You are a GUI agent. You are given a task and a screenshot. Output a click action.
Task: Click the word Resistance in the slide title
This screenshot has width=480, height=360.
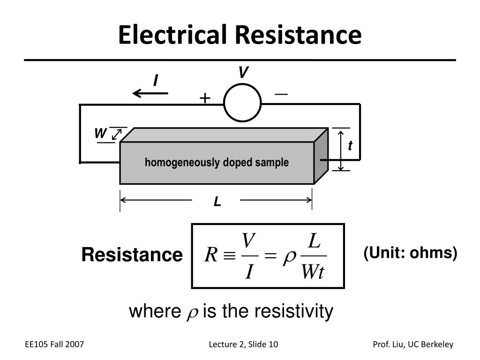click(x=299, y=36)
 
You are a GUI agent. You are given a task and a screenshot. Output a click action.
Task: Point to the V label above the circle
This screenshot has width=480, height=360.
click(x=243, y=73)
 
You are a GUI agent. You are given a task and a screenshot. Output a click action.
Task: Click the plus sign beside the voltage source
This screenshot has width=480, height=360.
click(x=205, y=98)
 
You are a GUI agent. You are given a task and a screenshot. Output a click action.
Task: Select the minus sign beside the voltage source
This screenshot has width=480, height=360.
click(x=281, y=94)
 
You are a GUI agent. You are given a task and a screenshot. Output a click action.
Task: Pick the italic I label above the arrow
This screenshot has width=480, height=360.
click(x=156, y=81)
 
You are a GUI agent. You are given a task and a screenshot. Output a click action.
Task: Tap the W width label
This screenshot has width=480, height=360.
click(x=100, y=134)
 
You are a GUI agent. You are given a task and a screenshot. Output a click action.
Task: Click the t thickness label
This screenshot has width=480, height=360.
click(x=350, y=147)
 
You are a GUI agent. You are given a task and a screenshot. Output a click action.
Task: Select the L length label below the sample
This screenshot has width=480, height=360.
click(x=217, y=202)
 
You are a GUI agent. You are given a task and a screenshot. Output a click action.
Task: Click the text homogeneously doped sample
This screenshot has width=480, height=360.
click(x=217, y=163)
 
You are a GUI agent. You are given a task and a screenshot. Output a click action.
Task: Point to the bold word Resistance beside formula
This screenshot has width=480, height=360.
click(x=132, y=255)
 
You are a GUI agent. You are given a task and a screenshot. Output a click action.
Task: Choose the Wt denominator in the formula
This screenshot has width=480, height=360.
click(x=313, y=272)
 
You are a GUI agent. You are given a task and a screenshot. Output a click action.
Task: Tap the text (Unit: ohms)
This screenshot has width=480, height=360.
click(x=410, y=253)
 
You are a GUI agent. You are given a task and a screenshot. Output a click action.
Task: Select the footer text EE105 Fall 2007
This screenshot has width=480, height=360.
click(x=54, y=345)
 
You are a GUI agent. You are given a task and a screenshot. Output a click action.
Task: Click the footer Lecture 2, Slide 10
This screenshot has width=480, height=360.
click(x=243, y=345)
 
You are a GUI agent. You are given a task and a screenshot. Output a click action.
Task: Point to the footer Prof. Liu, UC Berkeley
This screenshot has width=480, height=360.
click(x=413, y=345)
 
